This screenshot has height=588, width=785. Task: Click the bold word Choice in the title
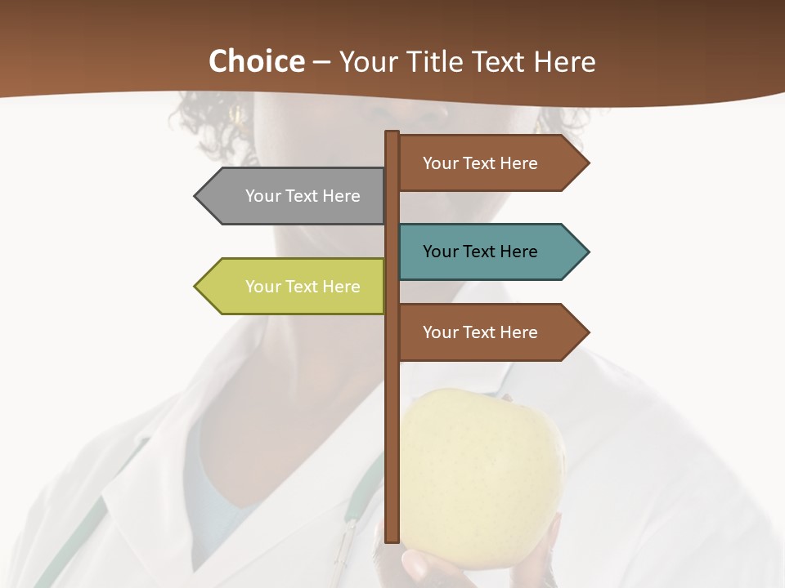coord(256,61)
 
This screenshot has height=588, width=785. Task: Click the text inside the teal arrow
coord(480,252)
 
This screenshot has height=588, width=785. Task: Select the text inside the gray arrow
coord(303,196)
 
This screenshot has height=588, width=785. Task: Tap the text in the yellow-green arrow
coord(303,287)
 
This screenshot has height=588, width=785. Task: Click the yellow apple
coord(482,457)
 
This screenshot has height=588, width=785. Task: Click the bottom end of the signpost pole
coord(392,539)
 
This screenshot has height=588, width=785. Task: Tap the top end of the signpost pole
coord(392,134)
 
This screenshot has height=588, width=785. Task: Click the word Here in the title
coord(563,61)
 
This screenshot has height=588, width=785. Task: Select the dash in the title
coord(321,62)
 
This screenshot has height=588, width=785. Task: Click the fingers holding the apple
coord(425,563)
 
